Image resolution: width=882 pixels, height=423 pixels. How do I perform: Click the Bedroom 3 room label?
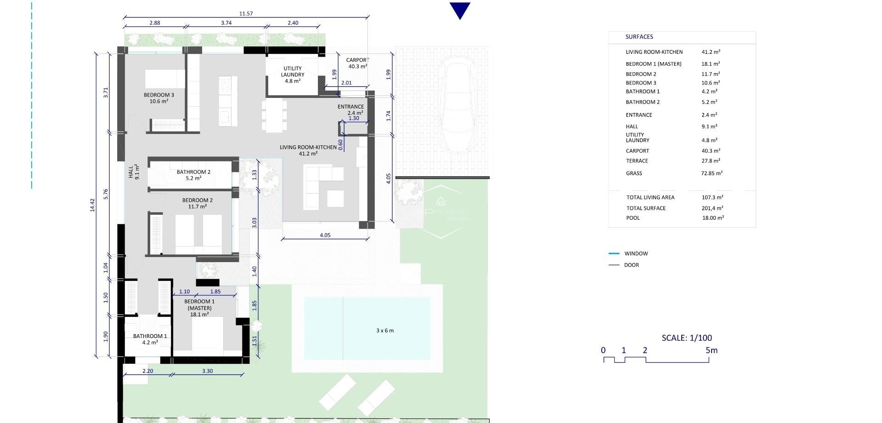tap(158, 98)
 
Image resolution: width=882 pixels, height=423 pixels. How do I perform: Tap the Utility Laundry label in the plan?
tap(293, 74)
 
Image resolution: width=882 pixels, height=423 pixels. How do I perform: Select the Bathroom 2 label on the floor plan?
tap(193, 175)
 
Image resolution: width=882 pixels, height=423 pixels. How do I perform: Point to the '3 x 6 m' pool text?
tap(385, 331)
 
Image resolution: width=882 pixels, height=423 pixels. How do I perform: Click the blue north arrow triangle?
tap(460, 10)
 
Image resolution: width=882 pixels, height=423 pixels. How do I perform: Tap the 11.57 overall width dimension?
tap(246, 13)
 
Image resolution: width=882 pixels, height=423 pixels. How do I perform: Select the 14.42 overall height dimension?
tap(92, 205)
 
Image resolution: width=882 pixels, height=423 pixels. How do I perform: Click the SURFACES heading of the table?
tap(639, 37)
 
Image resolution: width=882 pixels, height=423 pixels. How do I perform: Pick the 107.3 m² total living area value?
tap(712, 197)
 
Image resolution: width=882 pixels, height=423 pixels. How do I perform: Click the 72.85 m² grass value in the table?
tap(712, 173)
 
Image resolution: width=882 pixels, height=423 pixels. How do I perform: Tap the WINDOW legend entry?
tap(636, 253)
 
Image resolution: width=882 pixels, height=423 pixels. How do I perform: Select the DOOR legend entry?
tap(631, 265)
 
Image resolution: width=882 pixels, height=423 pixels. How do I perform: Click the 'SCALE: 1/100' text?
tap(687, 338)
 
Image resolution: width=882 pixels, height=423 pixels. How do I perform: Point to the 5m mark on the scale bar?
tap(711, 350)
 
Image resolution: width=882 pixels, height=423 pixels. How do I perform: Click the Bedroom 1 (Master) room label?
tap(199, 308)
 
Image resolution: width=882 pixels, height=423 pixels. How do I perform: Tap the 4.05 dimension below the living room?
tap(325, 235)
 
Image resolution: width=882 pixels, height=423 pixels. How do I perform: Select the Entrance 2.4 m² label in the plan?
tap(351, 109)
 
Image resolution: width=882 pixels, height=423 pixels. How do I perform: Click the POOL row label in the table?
tap(633, 218)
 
